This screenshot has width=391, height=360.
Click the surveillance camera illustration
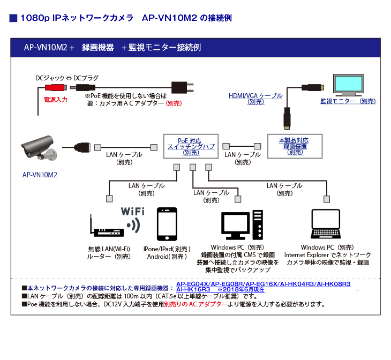[x=39, y=147]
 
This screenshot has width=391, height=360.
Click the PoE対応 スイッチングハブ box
[x=190, y=145]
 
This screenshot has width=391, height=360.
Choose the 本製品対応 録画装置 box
[x=295, y=146]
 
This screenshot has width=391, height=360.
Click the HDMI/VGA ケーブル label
[x=255, y=96]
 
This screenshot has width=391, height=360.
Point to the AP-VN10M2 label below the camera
[x=40, y=175]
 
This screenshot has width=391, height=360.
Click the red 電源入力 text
[x=56, y=100]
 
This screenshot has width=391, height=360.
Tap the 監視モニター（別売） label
[x=349, y=101]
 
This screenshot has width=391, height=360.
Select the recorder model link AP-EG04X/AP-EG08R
[x=210, y=283]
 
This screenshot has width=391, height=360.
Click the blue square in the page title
[x=14, y=18]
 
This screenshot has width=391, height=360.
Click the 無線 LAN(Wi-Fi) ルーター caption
[x=109, y=252]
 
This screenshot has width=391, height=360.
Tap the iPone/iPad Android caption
[x=167, y=253]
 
